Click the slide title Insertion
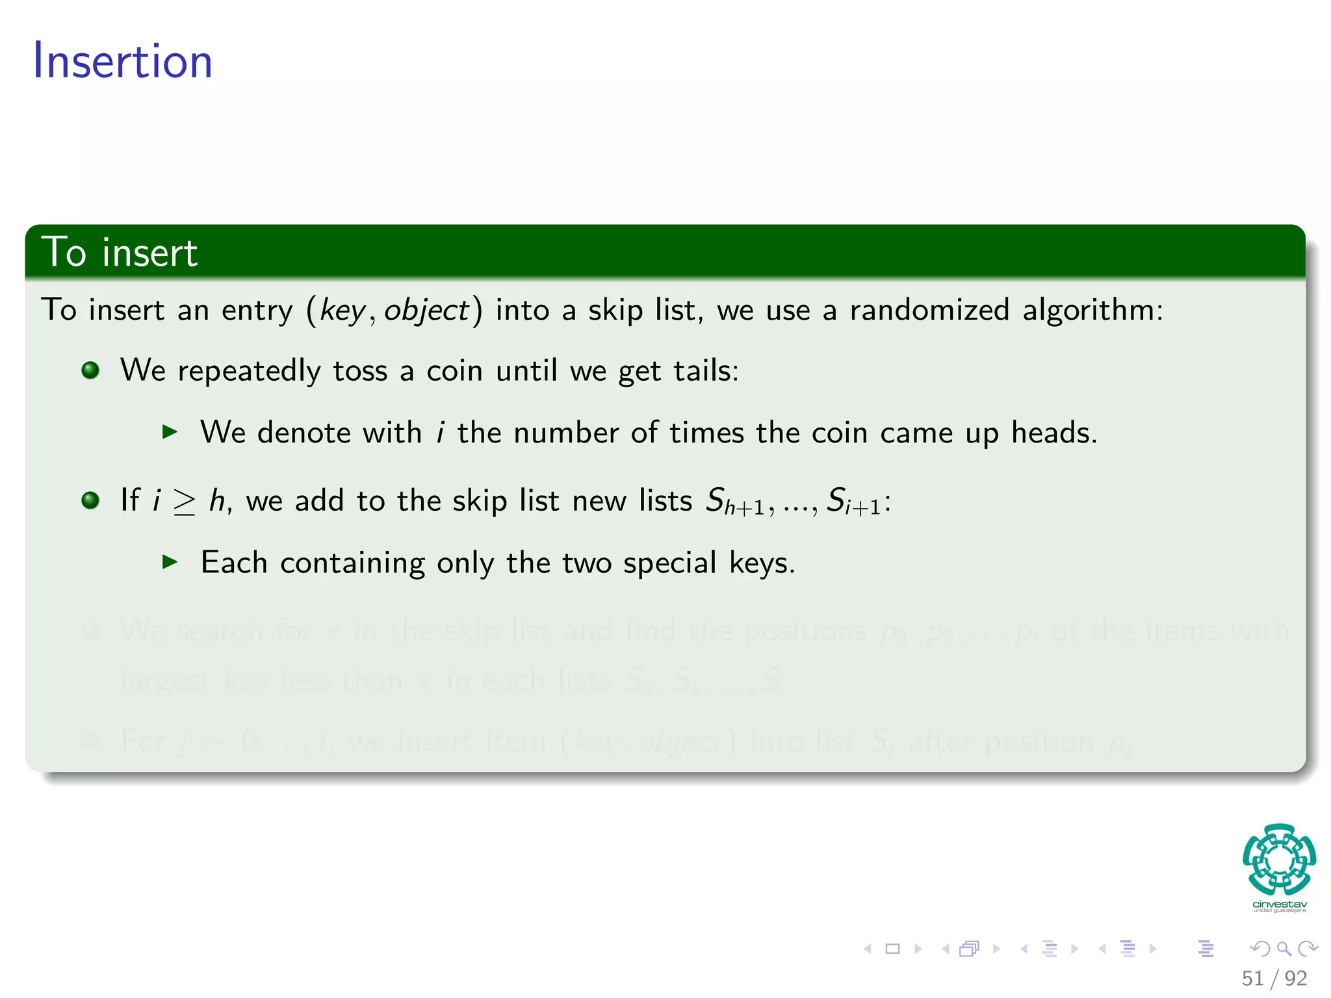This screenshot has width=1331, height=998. [x=122, y=61]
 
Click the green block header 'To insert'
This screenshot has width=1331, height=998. [x=120, y=252]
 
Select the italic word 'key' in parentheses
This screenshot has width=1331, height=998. [x=342, y=311]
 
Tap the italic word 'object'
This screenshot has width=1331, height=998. [x=426, y=311]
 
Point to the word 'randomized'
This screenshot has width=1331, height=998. [x=929, y=309]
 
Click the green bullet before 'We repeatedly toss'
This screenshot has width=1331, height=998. [x=90, y=370]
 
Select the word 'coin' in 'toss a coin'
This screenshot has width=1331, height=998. [x=454, y=371]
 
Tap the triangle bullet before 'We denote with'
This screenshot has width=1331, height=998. [x=170, y=431]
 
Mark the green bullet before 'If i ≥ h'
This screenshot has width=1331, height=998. [x=90, y=500]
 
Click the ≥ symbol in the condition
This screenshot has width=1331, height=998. [x=185, y=502]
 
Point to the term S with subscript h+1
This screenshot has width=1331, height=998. [x=735, y=502]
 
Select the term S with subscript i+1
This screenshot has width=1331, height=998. [x=853, y=502]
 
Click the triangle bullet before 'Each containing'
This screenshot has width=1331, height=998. [x=170, y=561]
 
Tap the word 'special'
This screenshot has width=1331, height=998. [x=669, y=563]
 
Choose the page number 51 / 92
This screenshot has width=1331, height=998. [x=1274, y=978]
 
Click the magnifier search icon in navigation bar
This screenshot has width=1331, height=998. [x=1284, y=949]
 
